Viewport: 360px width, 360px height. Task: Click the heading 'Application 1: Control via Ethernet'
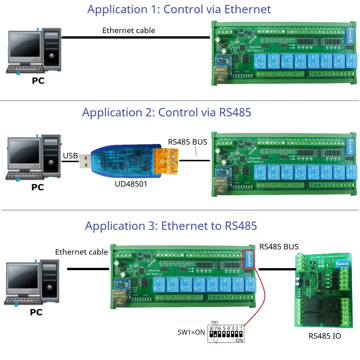click(179, 10)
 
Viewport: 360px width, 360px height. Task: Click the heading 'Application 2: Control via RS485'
click(166, 113)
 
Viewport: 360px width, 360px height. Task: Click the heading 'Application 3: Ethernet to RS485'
click(171, 226)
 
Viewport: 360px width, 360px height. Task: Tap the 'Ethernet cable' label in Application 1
click(128, 31)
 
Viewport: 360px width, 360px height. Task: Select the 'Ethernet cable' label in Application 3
click(81, 252)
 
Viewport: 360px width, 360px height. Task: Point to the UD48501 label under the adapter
click(131, 184)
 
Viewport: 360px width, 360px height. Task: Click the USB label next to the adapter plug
click(70, 156)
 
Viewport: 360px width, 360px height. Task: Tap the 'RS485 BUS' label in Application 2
click(187, 142)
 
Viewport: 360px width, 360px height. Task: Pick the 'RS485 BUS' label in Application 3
click(279, 247)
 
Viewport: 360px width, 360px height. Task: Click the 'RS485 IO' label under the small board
click(325, 336)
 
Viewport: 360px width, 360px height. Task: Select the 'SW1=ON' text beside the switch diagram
click(191, 332)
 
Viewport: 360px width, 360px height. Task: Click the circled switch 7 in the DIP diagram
click(215, 334)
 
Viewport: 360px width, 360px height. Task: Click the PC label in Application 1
click(38, 81)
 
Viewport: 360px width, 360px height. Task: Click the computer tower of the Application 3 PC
click(50, 281)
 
